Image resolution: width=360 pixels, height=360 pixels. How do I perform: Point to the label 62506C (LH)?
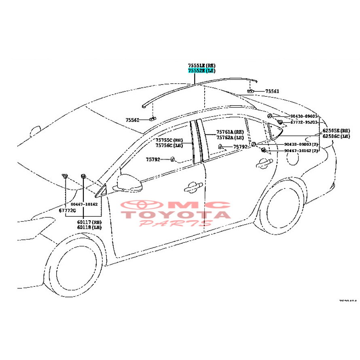pos(336,137)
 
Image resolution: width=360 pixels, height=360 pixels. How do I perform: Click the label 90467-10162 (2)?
pos(301,150)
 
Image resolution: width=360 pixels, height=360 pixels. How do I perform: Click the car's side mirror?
pos(129,183)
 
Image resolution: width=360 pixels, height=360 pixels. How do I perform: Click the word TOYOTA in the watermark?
pos(177,214)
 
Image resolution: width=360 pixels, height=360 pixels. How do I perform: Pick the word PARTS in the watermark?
pos(175,223)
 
